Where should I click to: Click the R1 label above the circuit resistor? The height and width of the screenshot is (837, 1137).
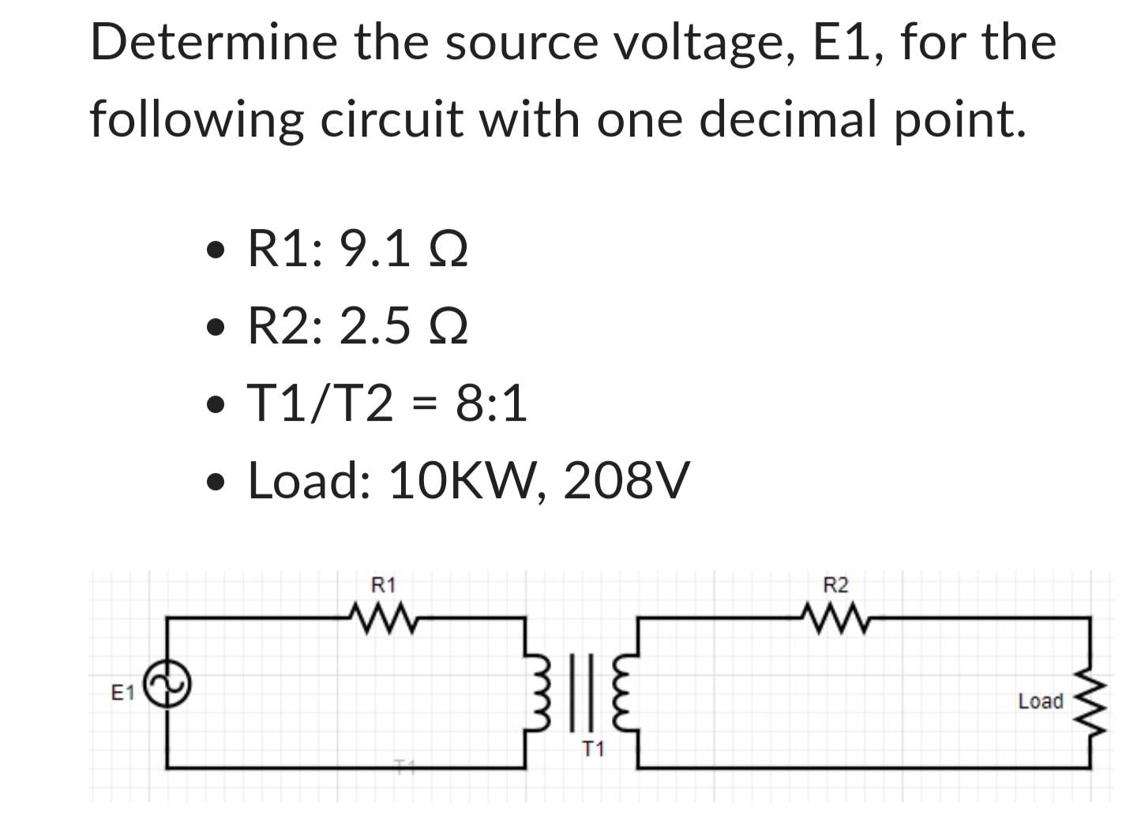(x=383, y=586)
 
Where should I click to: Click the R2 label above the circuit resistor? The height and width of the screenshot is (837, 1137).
(x=835, y=586)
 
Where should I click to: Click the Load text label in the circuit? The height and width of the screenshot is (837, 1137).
(x=1040, y=701)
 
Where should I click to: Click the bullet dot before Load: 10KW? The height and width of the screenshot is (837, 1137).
(x=212, y=482)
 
